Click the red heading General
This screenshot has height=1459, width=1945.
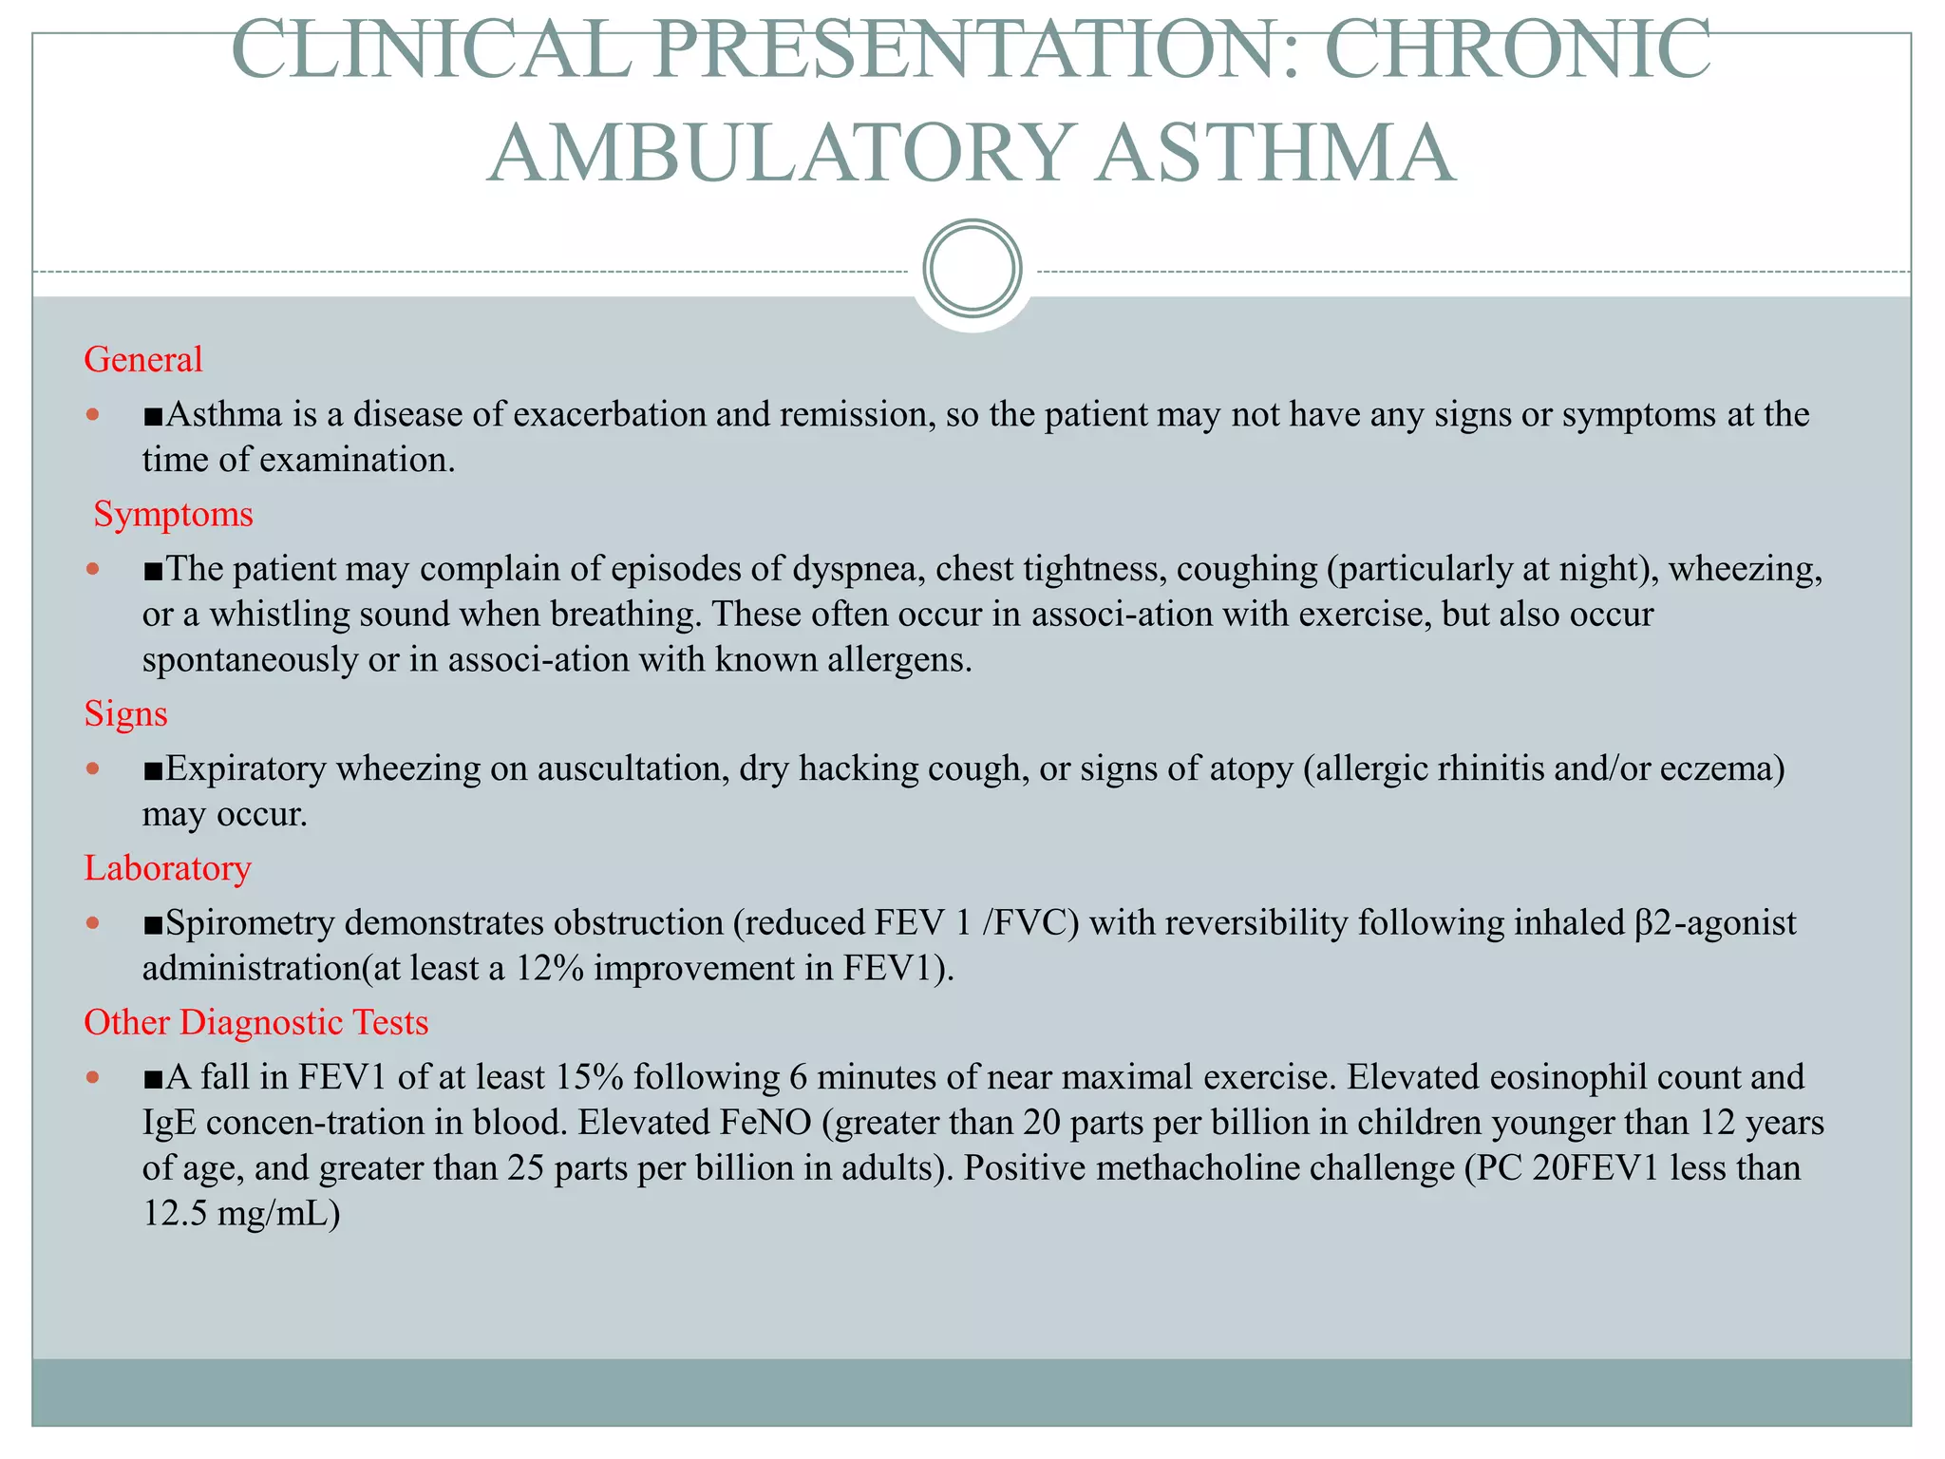coord(143,360)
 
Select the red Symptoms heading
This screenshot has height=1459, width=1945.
coord(173,515)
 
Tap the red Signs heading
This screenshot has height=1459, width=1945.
coord(125,713)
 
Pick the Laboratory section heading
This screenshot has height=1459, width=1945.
coord(167,868)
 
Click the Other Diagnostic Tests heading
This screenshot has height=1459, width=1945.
coord(256,1023)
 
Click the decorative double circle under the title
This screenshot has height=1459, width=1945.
coord(972,269)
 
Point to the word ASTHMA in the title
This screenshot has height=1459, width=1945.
coord(1275,154)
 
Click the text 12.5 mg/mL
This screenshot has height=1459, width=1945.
coord(241,1214)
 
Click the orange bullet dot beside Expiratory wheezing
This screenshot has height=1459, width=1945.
coord(92,767)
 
